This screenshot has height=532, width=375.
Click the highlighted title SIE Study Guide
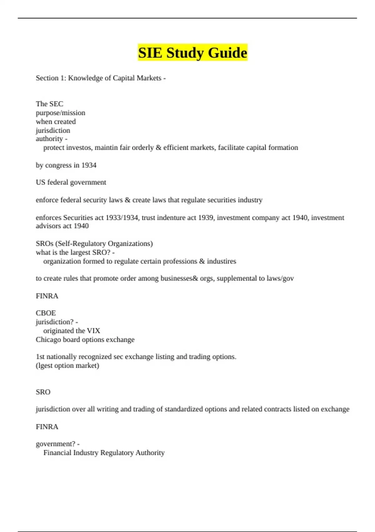coord(192,53)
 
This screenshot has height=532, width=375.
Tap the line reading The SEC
coord(49,104)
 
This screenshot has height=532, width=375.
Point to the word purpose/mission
coord(60,113)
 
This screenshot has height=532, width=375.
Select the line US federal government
coord(71,182)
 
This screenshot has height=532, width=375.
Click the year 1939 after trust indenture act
coord(206,217)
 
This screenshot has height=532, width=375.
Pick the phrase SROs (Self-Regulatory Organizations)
coord(94,243)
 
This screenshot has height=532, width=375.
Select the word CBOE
coord(46,313)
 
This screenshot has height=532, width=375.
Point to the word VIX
coord(93,331)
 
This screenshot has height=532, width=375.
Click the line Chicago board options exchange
coord(85,340)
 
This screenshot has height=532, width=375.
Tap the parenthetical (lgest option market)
coord(67,366)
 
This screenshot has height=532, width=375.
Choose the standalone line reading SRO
coord(43,392)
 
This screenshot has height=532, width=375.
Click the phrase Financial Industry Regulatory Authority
coord(104,453)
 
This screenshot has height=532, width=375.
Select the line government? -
coord(57,444)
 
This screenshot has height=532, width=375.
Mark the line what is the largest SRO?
coord(75,253)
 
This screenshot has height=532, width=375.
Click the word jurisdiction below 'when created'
coord(53,130)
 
